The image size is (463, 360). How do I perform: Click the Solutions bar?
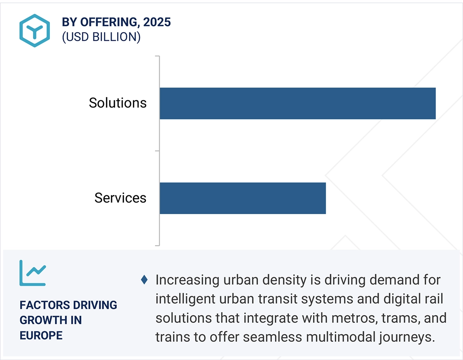coord(298,103)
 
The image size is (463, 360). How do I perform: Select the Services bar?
coord(243,198)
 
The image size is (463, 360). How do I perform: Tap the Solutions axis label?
coord(118,103)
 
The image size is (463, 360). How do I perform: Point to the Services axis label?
coord(120,198)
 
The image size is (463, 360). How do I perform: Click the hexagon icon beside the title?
coord(35,30)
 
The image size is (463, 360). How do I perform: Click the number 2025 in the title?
coord(157,22)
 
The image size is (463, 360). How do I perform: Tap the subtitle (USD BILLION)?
coord(101,37)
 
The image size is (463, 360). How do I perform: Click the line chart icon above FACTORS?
coord(32,273)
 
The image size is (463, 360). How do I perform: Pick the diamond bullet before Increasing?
coord(144,280)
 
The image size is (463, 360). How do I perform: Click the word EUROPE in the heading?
coord(41,335)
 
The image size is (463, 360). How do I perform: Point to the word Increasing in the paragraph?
coord(187,280)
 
